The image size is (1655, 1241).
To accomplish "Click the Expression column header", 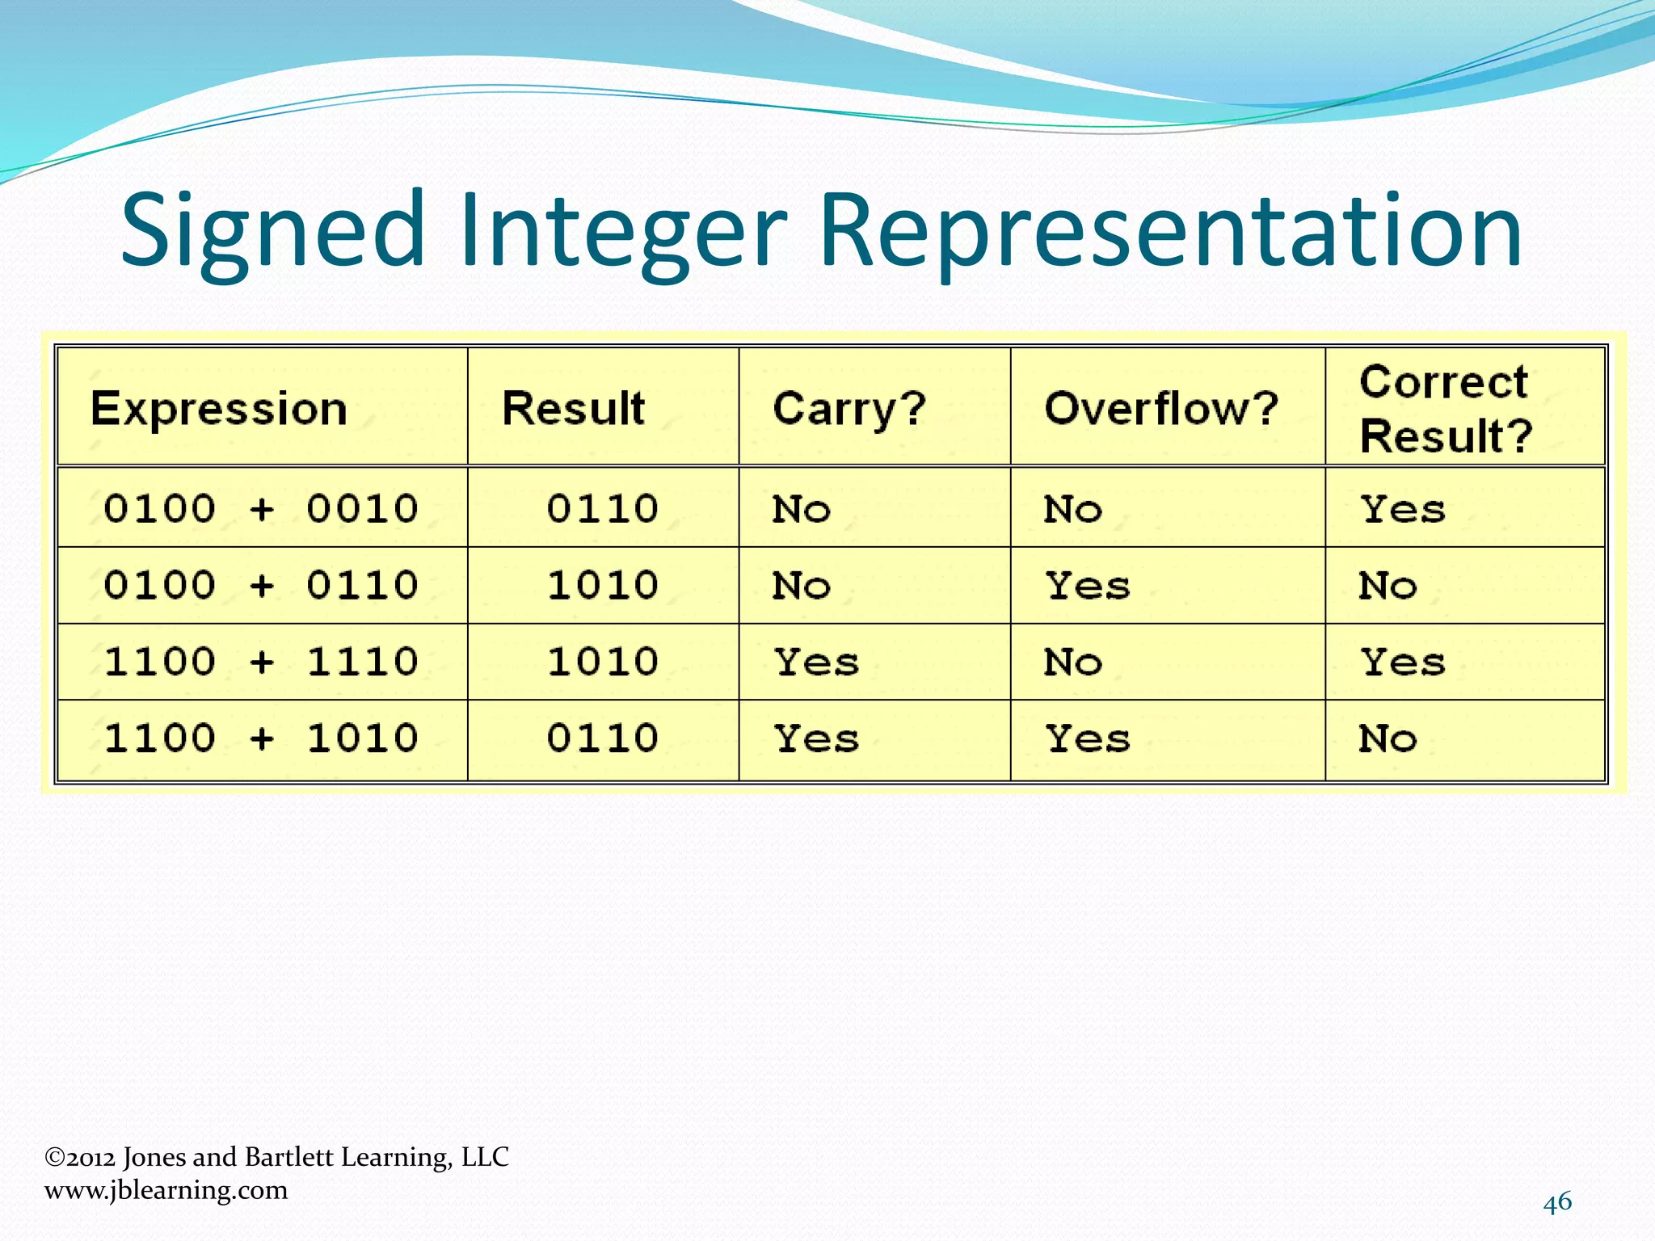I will pos(218,408).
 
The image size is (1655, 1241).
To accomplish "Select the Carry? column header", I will pos(849,408).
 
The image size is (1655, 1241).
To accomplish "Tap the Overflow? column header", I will pos(1160,408).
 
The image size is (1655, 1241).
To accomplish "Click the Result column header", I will pos(573,408).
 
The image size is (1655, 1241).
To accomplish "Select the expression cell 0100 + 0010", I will pos(261,509).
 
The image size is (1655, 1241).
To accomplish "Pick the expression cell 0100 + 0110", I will pos(261,585).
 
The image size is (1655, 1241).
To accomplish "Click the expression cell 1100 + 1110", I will pos(261,662).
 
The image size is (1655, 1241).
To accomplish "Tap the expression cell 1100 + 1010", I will pos(261,738).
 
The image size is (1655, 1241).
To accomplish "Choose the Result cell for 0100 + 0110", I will pos(602,585).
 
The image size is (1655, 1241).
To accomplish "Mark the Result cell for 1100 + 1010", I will pos(602,738).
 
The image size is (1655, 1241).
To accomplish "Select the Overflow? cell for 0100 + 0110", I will pos(1088,586).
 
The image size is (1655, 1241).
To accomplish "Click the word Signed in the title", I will pos(272,230).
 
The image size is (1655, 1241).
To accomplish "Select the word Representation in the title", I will pos(1170,230).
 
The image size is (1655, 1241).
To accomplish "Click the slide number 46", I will pos(1557,1202).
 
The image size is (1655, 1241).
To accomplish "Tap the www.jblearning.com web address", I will pos(166,1190).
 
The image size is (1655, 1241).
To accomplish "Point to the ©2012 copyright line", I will pos(276,1157).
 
